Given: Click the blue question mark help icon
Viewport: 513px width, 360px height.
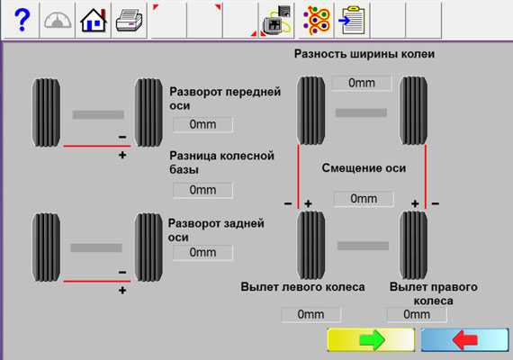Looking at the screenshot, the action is [22, 20].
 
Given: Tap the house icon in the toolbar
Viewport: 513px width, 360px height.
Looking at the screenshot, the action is [94, 21].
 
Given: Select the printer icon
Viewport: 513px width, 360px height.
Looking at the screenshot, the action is [129, 21].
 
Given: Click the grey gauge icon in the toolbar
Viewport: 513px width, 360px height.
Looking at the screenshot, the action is [58, 21].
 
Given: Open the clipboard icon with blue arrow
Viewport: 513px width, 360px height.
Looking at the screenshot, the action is [352, 21].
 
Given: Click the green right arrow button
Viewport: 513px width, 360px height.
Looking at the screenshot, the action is [371, 340].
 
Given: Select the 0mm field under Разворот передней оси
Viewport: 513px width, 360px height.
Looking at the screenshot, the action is [202, 124].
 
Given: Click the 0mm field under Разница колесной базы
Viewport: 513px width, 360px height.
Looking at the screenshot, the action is [202, 190].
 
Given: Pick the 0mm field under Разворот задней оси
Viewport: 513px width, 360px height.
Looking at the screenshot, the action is [202, 252].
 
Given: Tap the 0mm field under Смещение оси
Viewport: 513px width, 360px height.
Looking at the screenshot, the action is [364, 198].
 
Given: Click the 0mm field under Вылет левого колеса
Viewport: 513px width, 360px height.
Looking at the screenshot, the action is [310, 314].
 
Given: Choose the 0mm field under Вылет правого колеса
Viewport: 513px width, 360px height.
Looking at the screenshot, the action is [417, 314].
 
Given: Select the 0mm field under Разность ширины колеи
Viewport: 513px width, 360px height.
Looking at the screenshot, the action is [362, 83].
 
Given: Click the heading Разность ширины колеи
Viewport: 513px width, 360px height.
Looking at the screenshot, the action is [364, 54].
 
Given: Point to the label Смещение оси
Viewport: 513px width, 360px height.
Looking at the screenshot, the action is [364, 168].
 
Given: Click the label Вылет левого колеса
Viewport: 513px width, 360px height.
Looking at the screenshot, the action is [302, 287].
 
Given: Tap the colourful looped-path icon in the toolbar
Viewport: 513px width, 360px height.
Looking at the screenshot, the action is [316, 21].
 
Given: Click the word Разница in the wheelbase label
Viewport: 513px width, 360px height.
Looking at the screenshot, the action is [193, 156].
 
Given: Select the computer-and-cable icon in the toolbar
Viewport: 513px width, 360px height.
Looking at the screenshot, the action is [276, 21].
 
